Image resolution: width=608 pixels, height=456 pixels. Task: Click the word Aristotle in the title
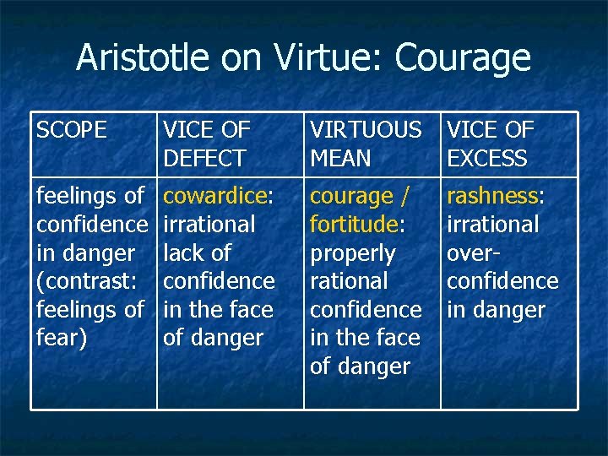[143, 58]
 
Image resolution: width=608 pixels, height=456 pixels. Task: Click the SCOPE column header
[72, 130]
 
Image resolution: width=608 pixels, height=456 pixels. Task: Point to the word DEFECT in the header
[204, 158]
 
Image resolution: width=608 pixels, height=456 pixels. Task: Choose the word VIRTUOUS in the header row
[366, 130]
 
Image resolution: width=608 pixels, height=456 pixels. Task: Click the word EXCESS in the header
[487, 158]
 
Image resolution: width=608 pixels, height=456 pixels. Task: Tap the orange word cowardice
[214, 196]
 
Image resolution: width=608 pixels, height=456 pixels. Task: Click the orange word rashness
[492, 196]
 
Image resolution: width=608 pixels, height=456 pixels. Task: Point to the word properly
[353, 252]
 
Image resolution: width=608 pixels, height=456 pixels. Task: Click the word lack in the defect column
[179, 252]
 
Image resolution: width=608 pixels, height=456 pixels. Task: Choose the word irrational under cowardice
[209, 225]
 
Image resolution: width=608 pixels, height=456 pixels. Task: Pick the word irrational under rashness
[492, 225]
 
